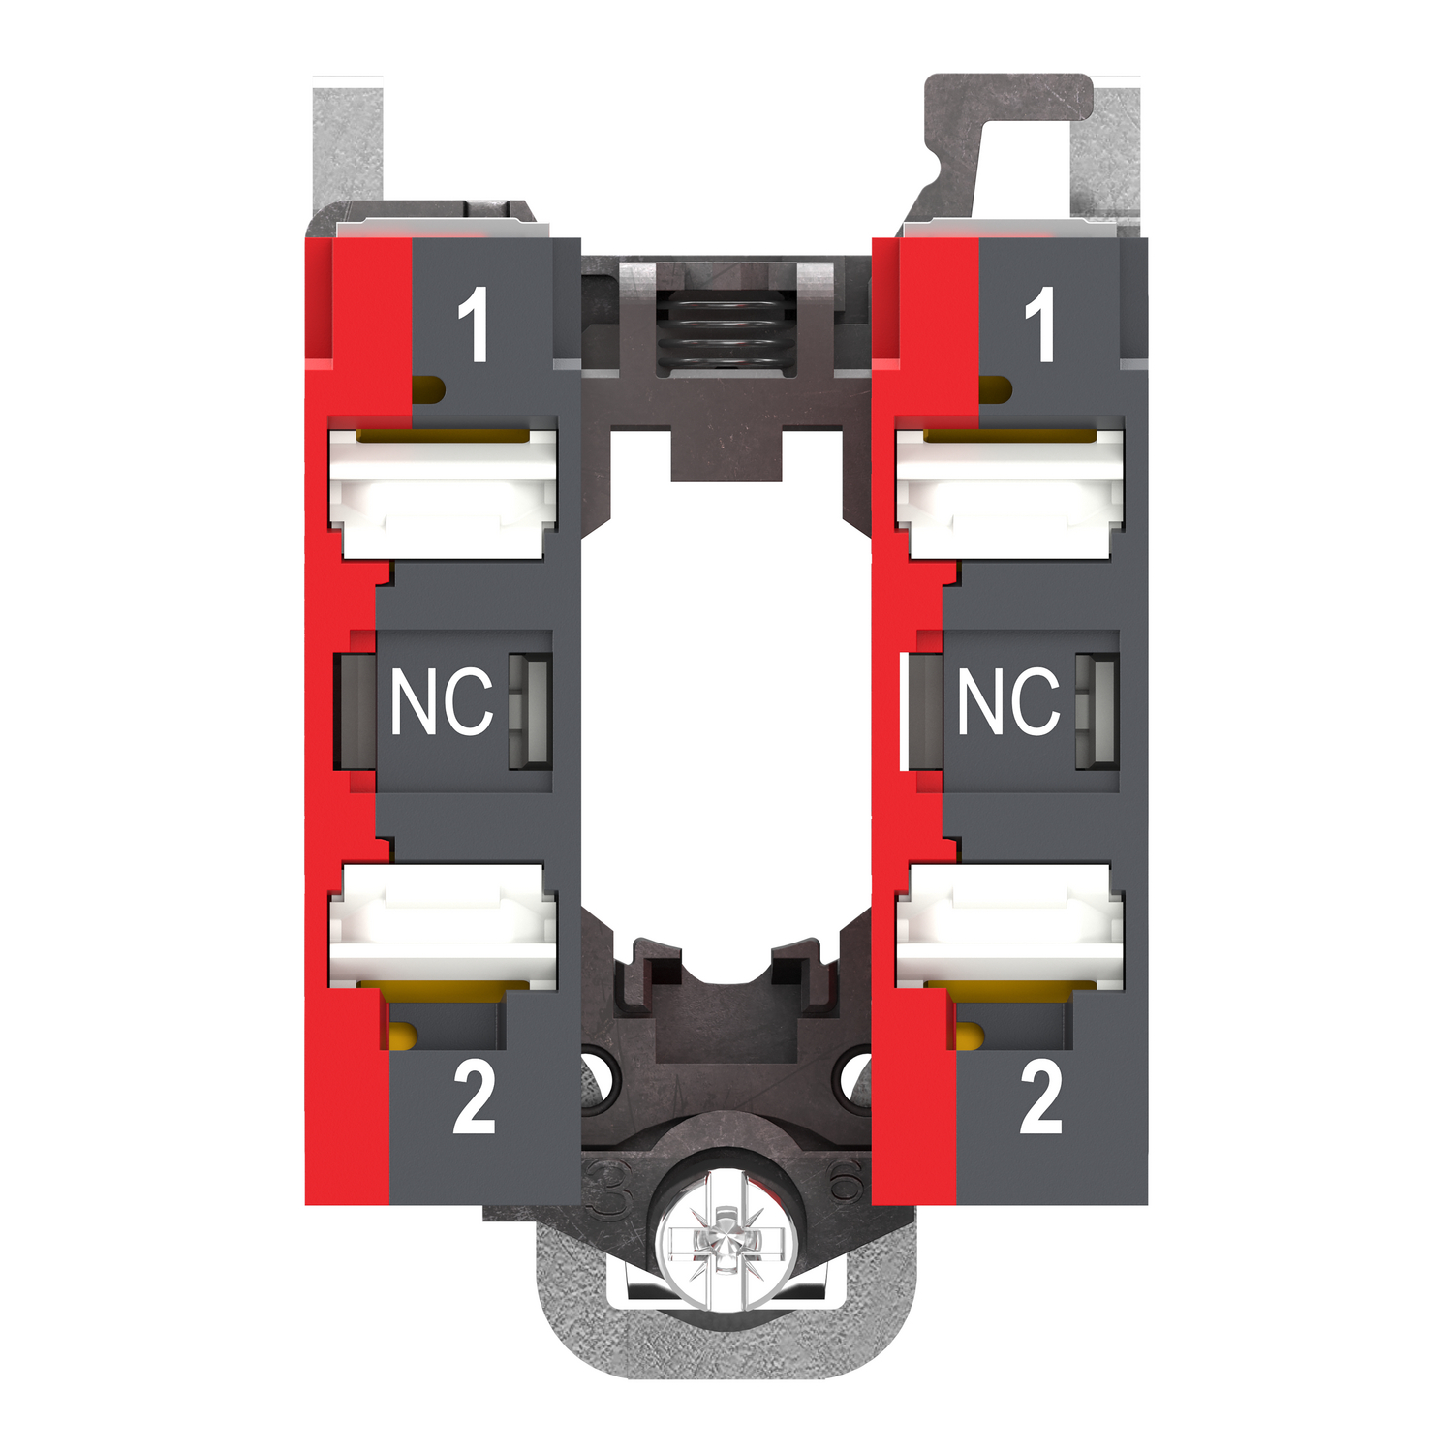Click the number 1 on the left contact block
pyautogui.click(x=474, y=325)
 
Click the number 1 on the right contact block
pyautogui.click(x=1040, y=325)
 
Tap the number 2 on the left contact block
pyautogui.click(x=474, y=1097)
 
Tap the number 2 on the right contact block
pyautogui.click(x=1041, y=1097)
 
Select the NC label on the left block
pyautogui.click(x=441, y=701)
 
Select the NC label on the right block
pyautogui.click(x=1008, y=701)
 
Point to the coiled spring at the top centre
pyautogui.click(x=721, y=330)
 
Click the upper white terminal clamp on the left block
pyautogui.click(x=445, y=492)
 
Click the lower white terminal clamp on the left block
pyautogui.click(x=445, y=926)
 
